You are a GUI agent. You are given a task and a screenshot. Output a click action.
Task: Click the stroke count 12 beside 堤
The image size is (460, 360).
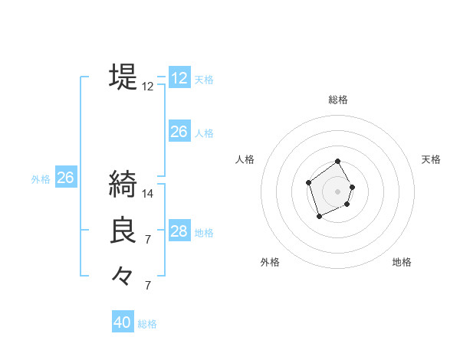pos(148,87)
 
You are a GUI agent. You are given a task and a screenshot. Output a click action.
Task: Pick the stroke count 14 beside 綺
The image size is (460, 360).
pos(148,193)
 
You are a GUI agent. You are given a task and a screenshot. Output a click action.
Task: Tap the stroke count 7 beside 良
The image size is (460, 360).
pos(148,240)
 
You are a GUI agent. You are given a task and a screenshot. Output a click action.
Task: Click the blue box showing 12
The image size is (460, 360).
pos(179,78)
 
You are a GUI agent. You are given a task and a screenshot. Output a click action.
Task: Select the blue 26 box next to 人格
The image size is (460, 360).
pos(179,132)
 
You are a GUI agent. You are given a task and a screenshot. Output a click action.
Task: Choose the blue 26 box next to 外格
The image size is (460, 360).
pos(65,178)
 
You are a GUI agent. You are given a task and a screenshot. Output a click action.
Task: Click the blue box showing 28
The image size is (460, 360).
pos(179,231)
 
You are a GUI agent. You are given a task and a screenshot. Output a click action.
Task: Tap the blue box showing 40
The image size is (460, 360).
pos(123,322)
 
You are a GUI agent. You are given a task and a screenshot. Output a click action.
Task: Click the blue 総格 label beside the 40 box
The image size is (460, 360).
pos(147,324)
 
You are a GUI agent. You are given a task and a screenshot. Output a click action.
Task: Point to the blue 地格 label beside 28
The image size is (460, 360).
pos(204,233)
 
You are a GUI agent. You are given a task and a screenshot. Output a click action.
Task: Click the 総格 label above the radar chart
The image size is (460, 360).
pos(338,100)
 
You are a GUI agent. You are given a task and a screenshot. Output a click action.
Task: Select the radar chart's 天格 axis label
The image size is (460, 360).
pos(432,159)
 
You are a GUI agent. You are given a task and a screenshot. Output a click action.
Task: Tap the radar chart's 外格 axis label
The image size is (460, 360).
pos(270,262)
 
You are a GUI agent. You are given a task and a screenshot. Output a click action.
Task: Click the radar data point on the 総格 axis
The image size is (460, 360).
pos(338,162)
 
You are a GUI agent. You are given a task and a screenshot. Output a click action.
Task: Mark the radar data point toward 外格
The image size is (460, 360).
pos(319,217)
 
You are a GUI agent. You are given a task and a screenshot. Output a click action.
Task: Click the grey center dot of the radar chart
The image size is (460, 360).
pos(338,191)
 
